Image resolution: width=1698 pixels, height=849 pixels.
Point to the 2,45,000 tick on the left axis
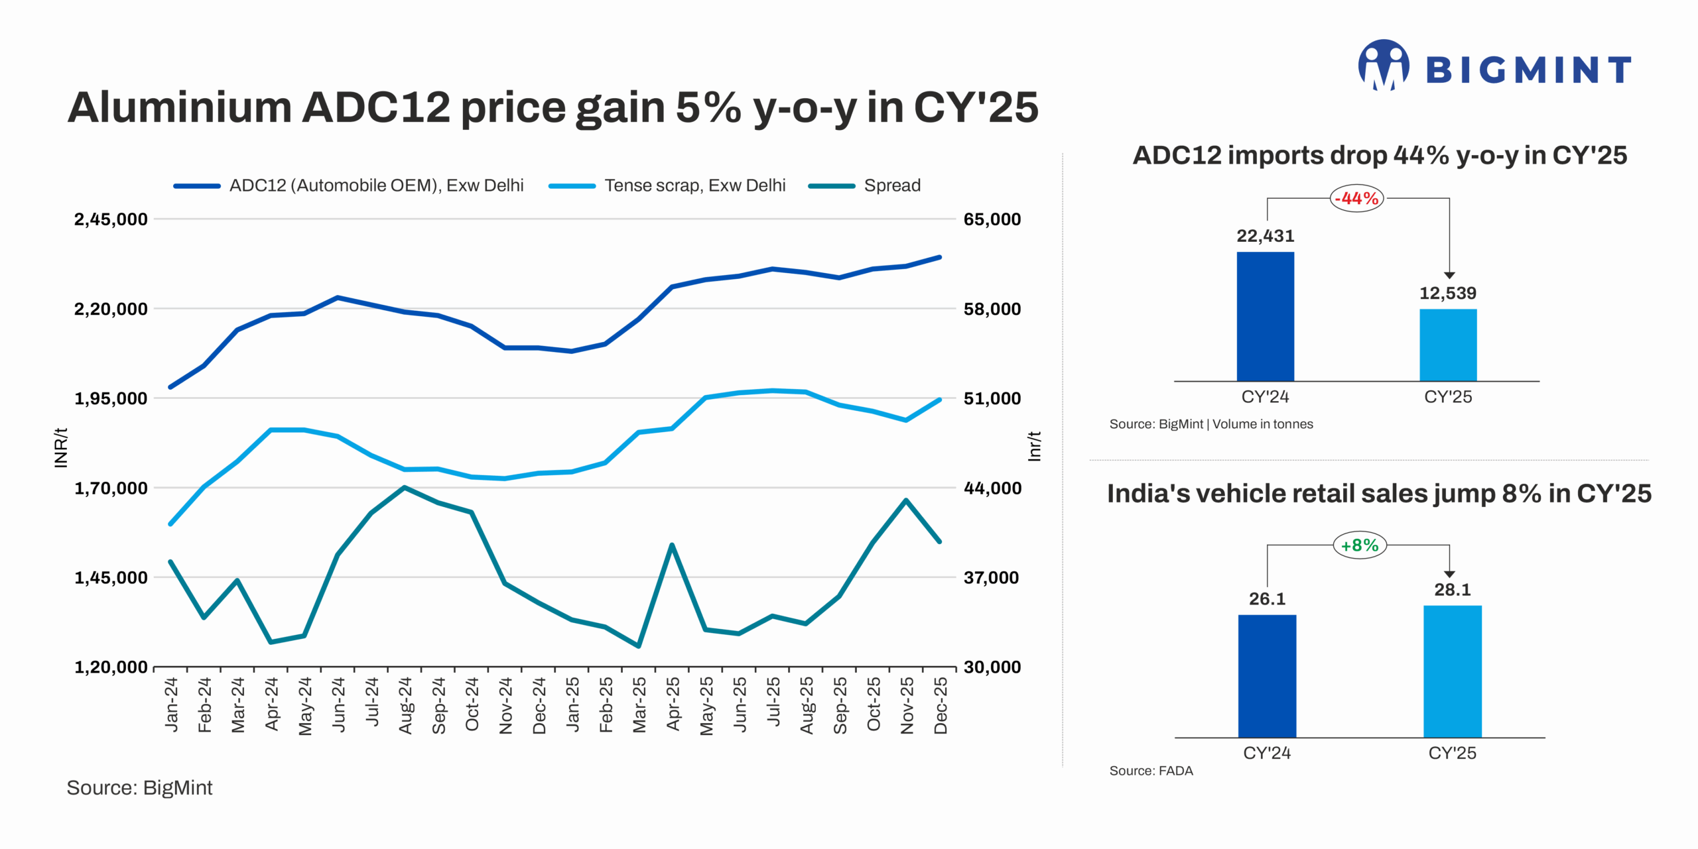(x=111, y=219)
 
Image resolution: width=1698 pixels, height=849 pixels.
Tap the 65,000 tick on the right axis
(x=992, y=219)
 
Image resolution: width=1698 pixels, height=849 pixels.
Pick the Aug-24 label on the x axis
(x=405, y=705)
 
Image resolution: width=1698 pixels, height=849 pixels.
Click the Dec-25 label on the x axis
(x=941, y=705)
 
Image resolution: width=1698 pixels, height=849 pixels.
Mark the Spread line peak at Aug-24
(x=405, y=488)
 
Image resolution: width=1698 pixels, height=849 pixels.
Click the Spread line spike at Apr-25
(x=672, y=545)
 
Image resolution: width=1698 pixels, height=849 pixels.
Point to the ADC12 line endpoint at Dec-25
(x=939, y=257)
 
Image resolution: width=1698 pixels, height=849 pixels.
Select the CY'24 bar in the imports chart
(x=1265, y=316)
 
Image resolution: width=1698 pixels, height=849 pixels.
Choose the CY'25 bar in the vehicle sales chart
(x=1452, y=671)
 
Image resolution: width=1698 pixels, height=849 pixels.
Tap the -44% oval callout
(x=1356, y=198)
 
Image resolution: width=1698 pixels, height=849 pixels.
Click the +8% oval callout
(x=1359, y=545)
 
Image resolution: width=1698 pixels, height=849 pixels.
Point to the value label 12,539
(x=1447, y=293)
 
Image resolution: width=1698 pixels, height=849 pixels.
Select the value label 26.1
(x=1267, y=598)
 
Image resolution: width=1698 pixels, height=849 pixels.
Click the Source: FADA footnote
(x=1151, y=771)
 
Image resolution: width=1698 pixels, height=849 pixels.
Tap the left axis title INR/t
(x=61, y=447)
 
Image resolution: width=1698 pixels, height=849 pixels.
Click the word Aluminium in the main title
(x=180, y=107)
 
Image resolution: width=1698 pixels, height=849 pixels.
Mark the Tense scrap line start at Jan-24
(x=171, y=524)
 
